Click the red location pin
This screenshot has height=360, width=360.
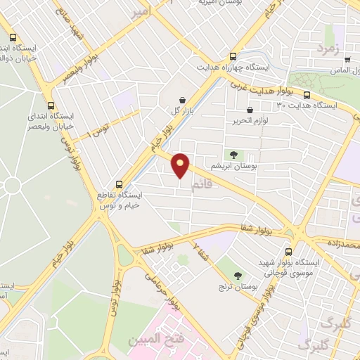click(181, 165)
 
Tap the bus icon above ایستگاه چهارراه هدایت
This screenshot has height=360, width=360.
click(233, 57)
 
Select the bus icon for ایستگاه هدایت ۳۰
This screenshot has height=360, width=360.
click(307, 95)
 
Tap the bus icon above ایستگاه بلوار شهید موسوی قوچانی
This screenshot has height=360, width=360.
click(289, 252)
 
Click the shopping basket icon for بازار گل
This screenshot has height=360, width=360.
click(183, 101)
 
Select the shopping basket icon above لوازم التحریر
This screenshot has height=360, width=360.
click(250, 110)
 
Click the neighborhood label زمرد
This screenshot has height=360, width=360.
click(328, 50)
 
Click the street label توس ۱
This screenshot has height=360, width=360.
click(96, 127)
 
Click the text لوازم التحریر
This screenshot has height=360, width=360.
click(252, 121)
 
